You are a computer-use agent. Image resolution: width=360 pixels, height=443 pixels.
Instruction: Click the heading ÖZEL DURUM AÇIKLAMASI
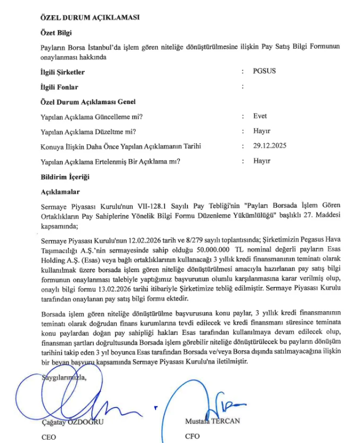point(90,17)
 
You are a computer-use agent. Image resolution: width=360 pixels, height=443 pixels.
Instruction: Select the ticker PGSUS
point(264,71)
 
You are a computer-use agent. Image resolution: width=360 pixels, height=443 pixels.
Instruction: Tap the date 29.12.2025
point(270,146)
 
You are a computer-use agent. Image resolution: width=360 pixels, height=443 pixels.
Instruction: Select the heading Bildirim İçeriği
point(65,177)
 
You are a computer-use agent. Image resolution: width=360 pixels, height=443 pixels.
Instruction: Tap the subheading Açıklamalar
point(61,192)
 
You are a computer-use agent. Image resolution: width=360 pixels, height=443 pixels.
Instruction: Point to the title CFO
point(192,436)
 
